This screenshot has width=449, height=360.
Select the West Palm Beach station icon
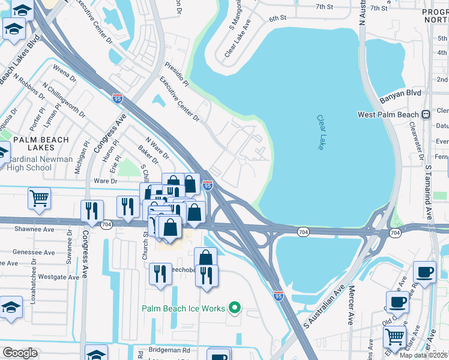[x=426, y=114]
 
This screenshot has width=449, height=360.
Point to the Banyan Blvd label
[x=400, y=93]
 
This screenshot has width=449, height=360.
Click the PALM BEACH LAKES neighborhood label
[x=41, y=140]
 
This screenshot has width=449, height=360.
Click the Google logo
[x=20, y=353]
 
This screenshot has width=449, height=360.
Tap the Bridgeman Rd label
[x=169, y=350]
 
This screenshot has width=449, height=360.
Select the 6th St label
[x=277, y=19]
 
